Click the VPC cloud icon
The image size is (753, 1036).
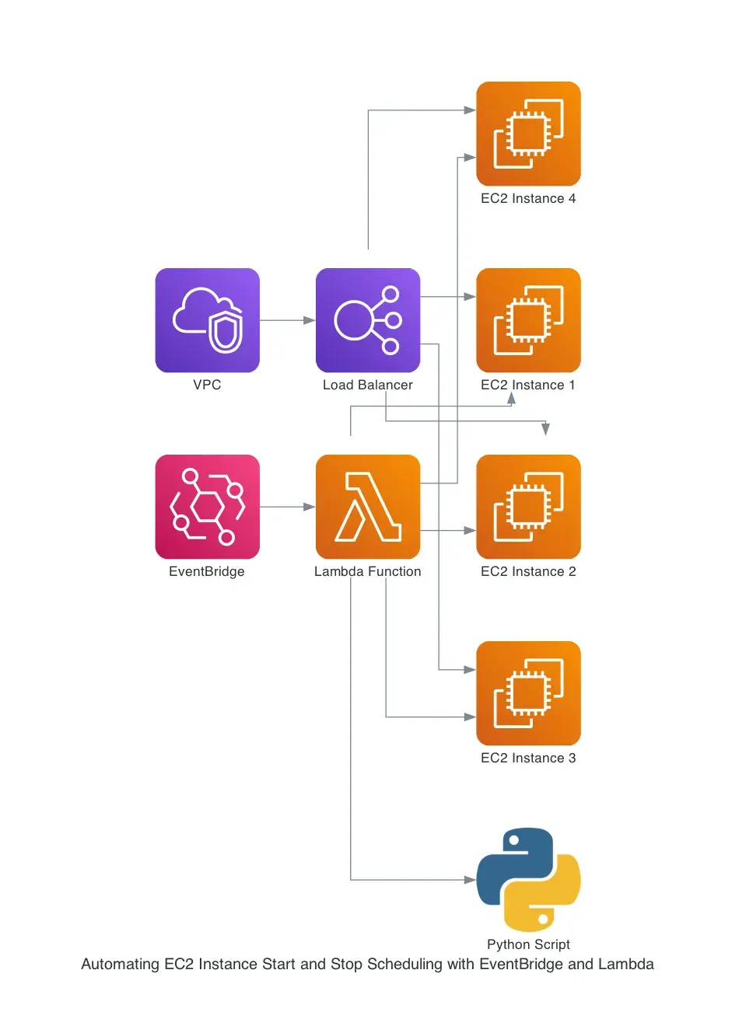pyautogui.click(x=207, y=320)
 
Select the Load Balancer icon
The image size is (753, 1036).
pyautogui.click(x=368, y=320)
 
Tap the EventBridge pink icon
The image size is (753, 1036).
pyautogui.click(x=207, y=507)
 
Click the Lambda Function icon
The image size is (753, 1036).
pyautogui.click(x=368, y=507)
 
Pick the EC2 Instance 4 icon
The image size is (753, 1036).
pyautogui.click(x=528, y=134)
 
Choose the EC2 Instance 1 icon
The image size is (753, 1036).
pyautogui.click(x=528, y=320)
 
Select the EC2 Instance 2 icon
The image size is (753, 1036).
pyautogui.click(x=528, y=507)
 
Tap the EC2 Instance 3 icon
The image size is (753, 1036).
pyautogui.click(x=528, y=693)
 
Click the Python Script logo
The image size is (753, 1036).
pyautogui.click(x=528, y=879)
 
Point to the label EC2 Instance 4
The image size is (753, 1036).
pyautogui.click(x=528, y=198)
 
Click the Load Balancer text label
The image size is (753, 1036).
pyautogui.click(x=368, y=385)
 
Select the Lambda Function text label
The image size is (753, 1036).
pyautogui.click(x=368, y=571)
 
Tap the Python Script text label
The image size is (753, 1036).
pyautogui.click(x=528, y=944)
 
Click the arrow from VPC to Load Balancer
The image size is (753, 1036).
pyautogui.click(x=287, y=320)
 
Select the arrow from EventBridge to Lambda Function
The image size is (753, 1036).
pyautogui.click(x=287, y=507)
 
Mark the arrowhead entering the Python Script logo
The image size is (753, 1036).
pyautogui.click(x=470, y=880)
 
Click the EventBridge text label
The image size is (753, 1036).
pyautogui.click(x=207, y=571)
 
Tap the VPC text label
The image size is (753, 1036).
pyautogui.click(x=207, y=385)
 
